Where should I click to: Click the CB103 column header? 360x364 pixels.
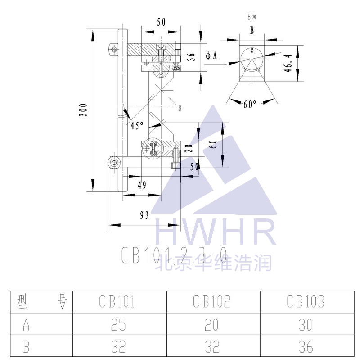306,301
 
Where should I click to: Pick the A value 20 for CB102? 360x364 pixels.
212,324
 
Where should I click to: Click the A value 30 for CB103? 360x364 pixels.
306,324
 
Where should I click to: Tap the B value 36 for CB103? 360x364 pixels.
306,346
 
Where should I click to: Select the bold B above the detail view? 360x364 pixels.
252,30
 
